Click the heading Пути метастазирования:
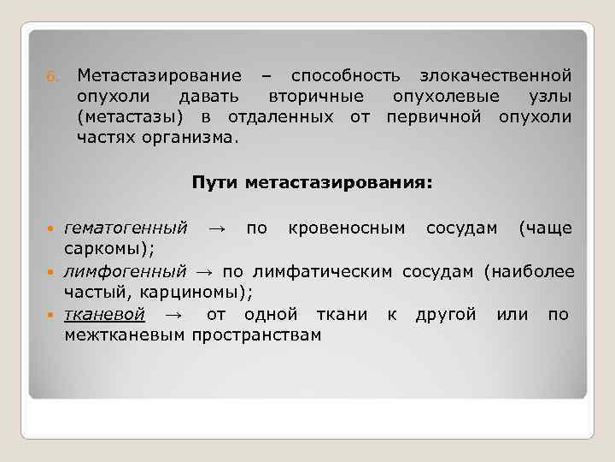[x=313, y=182]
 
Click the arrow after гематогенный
[x=216, y=228]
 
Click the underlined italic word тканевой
[x=104, y=314]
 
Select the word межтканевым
[x=125, y=335]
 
